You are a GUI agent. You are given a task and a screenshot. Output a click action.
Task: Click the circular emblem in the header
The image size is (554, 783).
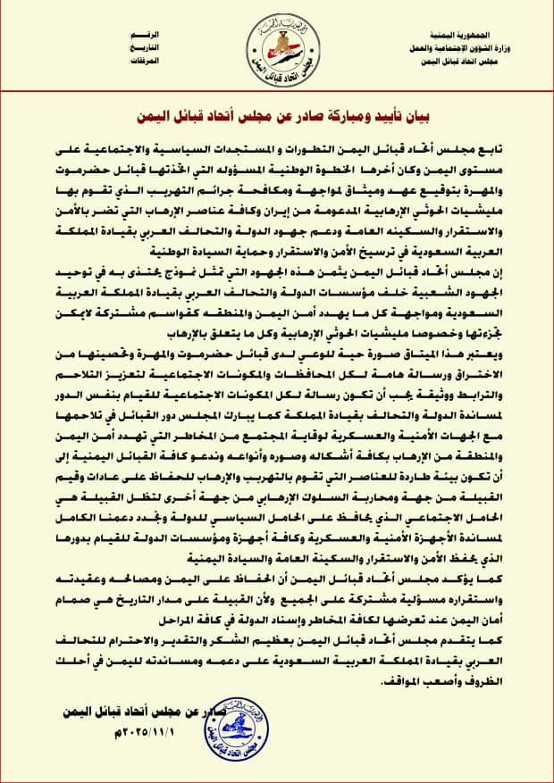pyautogui.click(x=278, y=44)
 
